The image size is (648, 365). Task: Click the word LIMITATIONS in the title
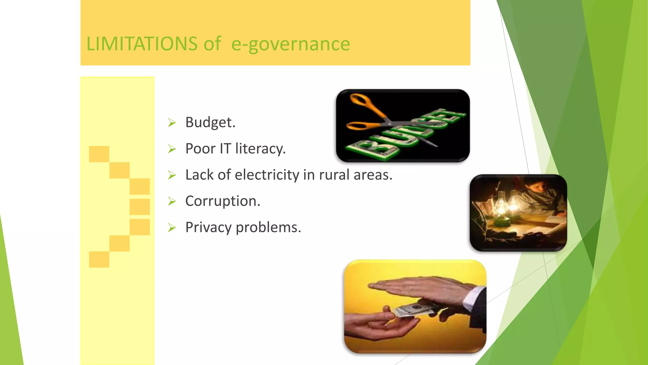tap(142, 44)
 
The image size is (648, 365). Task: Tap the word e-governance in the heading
tap(290, 44)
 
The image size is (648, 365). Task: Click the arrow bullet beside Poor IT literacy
tap(172, 149)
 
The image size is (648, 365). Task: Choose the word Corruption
tap(222, 201)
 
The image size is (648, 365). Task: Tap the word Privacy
tap(208, 227)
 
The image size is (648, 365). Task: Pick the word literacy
tap(260, 149)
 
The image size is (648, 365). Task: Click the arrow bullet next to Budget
tap(172, 122)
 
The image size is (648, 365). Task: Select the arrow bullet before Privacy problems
tap(172, 227)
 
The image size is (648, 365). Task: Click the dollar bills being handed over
tap(411, 309)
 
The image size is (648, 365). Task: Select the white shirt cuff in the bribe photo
tap(473, 296)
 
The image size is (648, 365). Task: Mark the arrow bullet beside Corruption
tap(172, 201)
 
